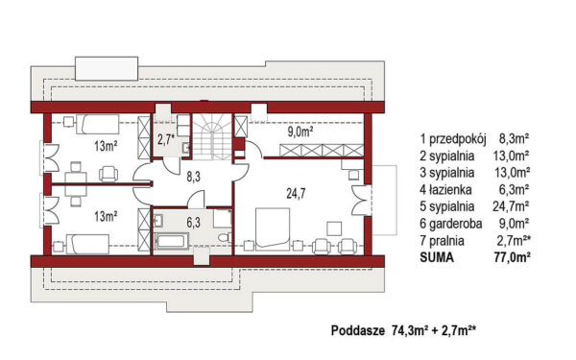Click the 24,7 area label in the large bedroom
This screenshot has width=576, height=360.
(x=296, y=193)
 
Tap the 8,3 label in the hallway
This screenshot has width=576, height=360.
(x=193, y=177)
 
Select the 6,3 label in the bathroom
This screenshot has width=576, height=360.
(x=193, y=223)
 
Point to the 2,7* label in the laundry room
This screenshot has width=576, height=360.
(x=166, y=139)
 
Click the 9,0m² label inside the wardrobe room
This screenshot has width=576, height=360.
(x=300, y=132)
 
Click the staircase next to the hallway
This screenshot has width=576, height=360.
(x=212, y=136)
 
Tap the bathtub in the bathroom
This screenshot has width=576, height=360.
(x=171, y=242)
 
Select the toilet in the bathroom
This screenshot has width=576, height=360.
(x=225, y=238)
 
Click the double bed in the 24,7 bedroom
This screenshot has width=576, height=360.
(x=273, y=229)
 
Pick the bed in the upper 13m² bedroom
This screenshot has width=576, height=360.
(x=97, y=124)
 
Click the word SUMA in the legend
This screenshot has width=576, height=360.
(x=437, y=257)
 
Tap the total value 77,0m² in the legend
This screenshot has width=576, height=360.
(x=512, y=257)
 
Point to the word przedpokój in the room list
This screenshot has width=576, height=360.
(x=458, y=139)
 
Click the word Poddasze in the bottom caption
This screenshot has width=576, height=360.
(x=358, y=330)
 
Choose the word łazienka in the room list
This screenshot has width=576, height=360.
(x=450, y=189)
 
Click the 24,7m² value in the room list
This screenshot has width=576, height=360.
(x=511, y=206)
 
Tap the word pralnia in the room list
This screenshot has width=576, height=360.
(x=446, y=241)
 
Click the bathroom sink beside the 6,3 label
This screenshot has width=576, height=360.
(x=158, y=221)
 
